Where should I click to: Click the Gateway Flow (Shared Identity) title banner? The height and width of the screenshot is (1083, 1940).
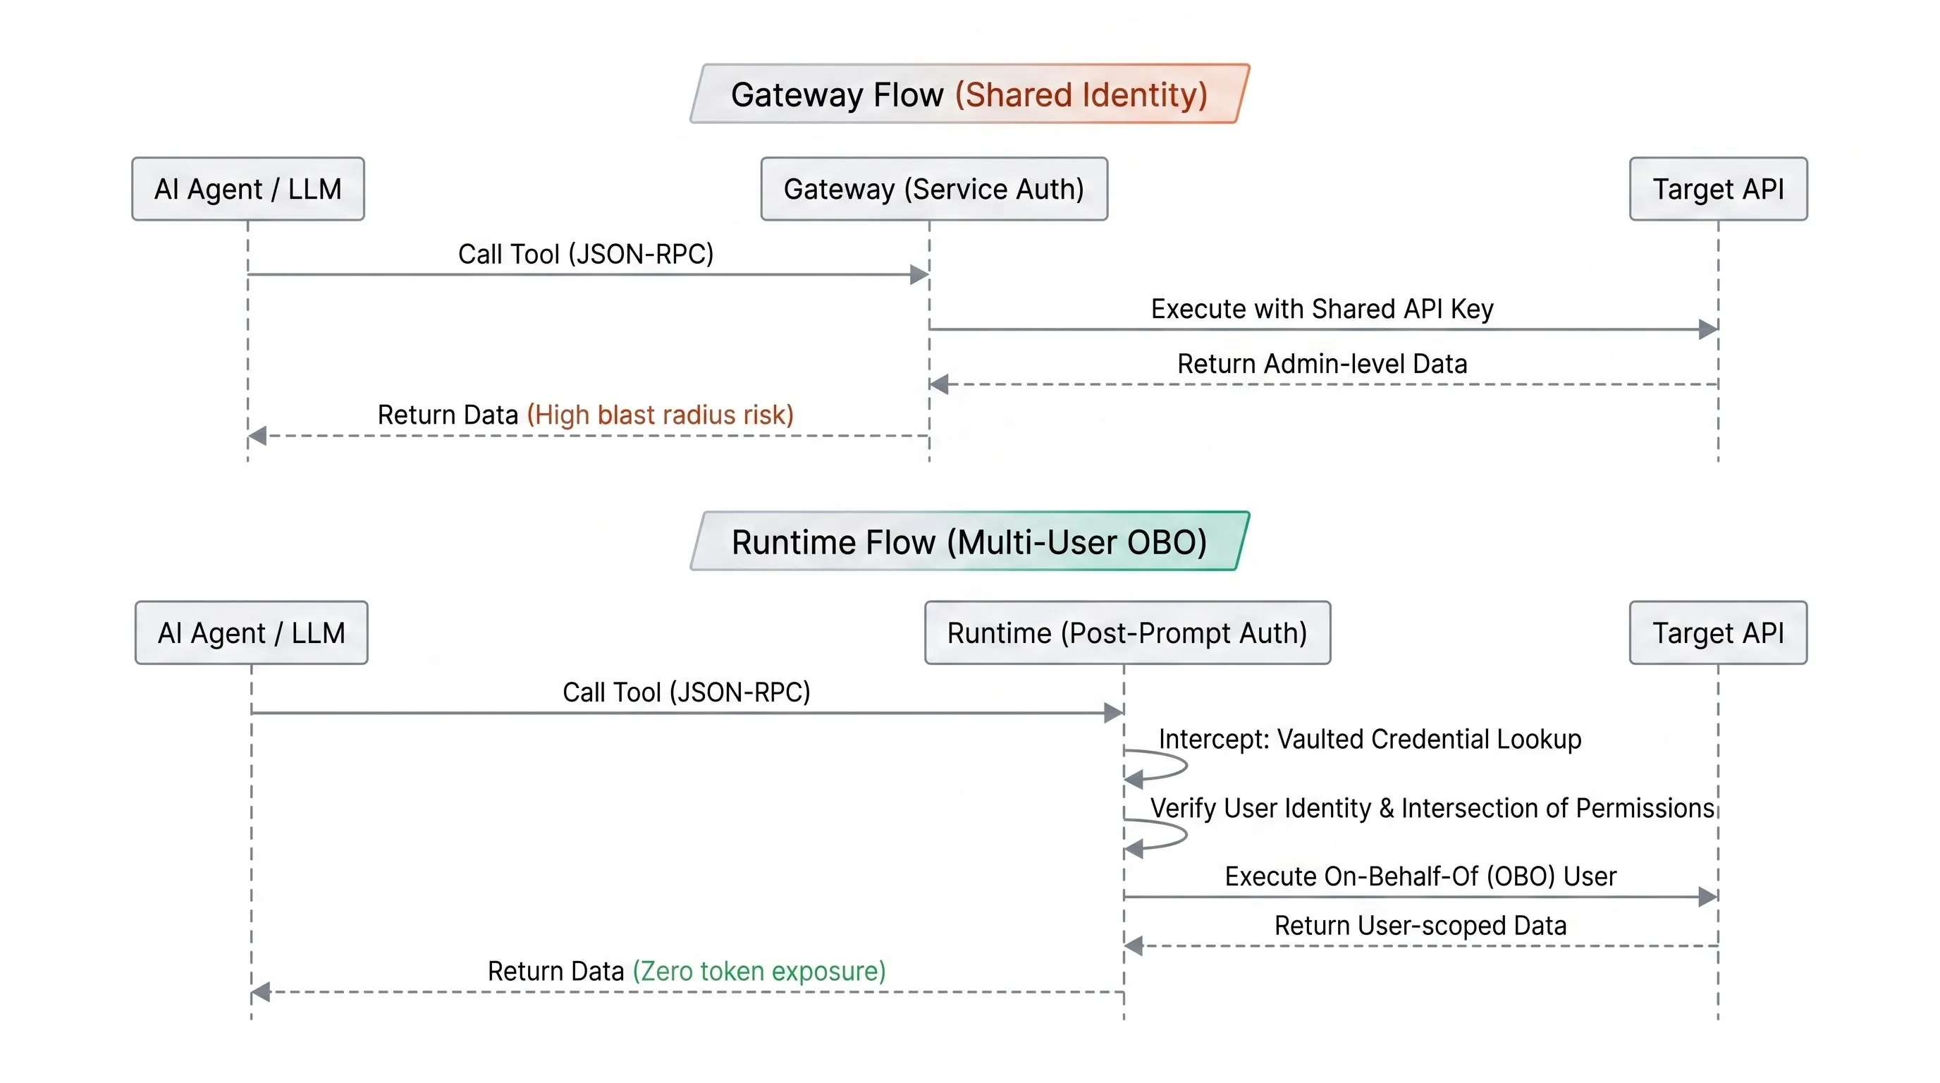pos(969,94)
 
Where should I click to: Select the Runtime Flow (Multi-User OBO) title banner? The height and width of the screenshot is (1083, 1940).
pos(969,541)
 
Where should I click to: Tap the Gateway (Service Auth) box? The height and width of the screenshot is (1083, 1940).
pos(934,189)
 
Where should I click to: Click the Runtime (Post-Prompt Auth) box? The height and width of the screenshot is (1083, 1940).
pos(1126,632)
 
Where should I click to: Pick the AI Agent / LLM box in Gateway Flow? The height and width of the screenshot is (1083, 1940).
pos(247,189)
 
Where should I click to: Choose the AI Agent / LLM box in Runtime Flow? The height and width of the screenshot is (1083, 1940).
pos(251,632)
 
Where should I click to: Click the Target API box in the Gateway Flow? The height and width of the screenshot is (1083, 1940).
pos(1718,189)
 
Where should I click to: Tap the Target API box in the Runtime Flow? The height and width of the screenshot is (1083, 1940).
pos(1718,632)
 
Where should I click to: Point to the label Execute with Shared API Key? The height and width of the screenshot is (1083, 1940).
pos(1322,309)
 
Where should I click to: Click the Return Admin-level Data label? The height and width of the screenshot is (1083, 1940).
pos(1322,364)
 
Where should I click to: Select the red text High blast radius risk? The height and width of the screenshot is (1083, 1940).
pos(660,415)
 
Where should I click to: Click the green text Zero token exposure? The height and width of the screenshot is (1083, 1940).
pos(759,971)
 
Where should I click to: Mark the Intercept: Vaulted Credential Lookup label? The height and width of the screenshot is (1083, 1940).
pos(1369,739)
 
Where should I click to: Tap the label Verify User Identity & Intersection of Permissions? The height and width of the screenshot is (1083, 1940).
pos(1432,808)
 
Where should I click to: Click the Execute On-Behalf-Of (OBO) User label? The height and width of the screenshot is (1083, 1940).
pos(1420,876)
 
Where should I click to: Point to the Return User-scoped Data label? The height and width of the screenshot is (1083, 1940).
pos(1420,925)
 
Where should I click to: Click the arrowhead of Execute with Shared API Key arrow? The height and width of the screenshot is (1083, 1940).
pos(1708,329)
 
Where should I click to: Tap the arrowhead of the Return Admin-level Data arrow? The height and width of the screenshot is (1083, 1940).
pos(939,384)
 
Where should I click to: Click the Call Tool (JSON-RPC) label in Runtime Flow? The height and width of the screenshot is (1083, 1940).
pos(686,692)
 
